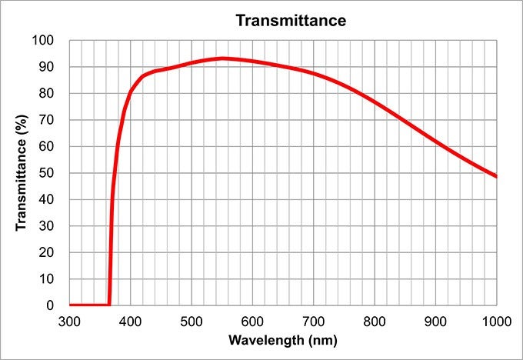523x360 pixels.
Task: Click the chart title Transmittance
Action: coord(291,21)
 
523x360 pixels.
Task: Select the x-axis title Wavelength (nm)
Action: coord(282,339)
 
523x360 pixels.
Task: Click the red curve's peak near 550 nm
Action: coord(222,58)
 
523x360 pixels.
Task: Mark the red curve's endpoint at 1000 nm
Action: coord(496,176)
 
